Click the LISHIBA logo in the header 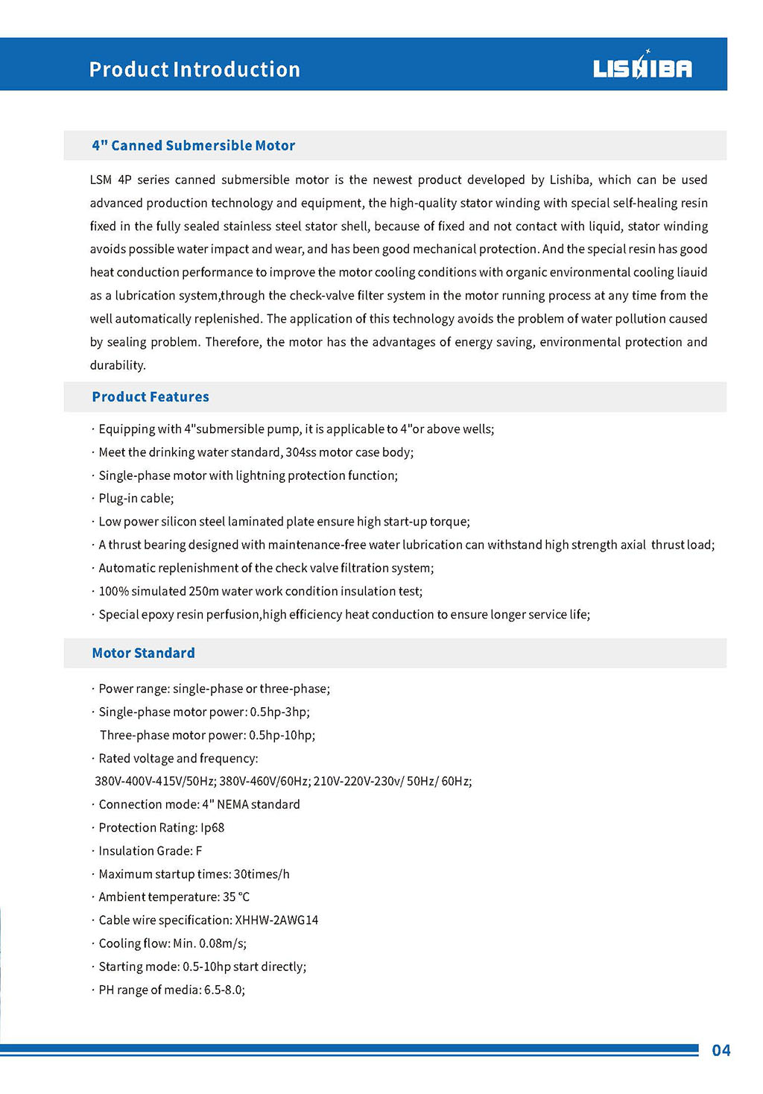(642, 68)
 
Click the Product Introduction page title (194, 69)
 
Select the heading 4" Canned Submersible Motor (194, 145)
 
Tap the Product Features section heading (151, 396)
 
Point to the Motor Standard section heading (144, 653)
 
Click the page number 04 (721, 1050)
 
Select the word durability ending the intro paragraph (117, 365)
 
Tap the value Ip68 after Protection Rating (212, 827)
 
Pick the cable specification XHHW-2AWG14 (276, 920)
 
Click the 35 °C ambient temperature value (236, 897)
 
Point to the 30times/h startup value (262, 873)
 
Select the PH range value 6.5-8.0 (224, 990)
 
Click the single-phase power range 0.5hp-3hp (279, 712)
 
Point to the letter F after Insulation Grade (199, 850)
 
